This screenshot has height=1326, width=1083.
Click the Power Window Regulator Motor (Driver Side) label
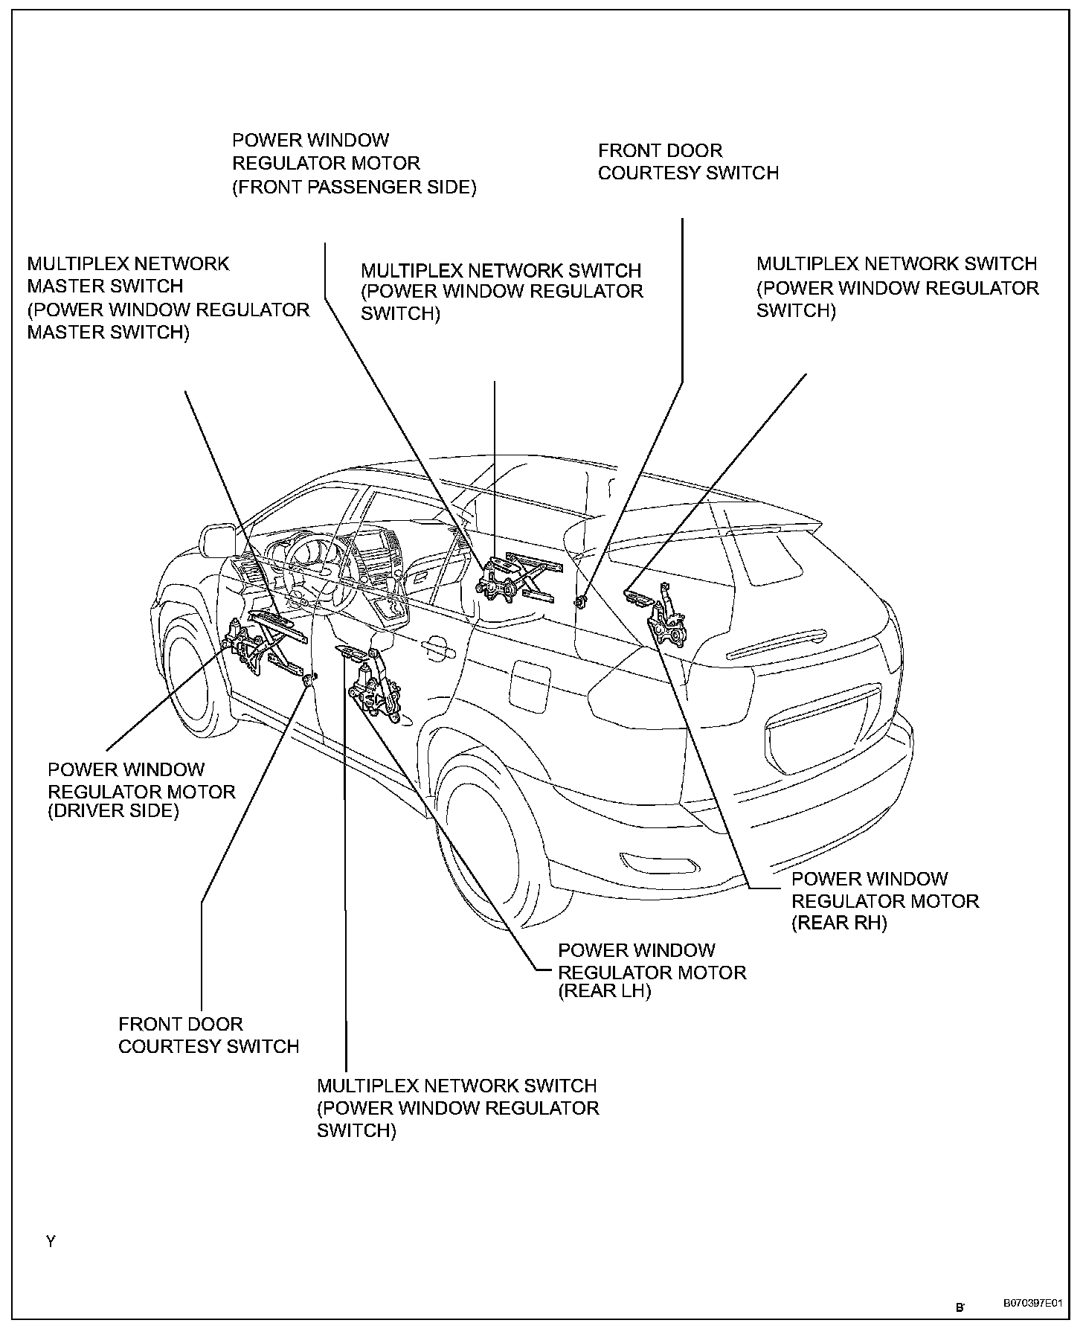tap(141, 790)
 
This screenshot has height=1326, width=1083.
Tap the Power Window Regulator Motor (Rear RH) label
tap(884, 901)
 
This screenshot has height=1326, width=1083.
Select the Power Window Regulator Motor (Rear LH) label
tap(652, 973)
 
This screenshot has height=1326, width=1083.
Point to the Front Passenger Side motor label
tap(354, 164)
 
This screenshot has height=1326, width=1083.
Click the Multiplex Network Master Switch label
tap(168, 298)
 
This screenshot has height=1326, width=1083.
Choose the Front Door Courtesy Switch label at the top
tap(688, 162)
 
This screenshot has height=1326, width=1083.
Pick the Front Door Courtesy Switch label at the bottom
tap(208, 1035)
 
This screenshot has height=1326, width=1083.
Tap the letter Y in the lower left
tap(51, 1242)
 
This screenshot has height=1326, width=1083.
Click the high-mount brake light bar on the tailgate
tap(776, 644)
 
